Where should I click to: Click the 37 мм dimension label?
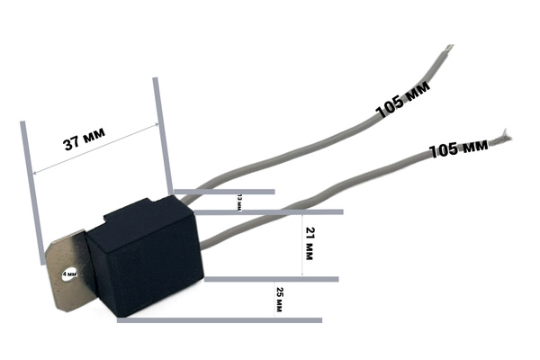(x=85, y=139)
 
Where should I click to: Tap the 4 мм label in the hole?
(x=69, y=274)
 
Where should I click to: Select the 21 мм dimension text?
(x=310, y=243)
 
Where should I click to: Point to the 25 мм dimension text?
(x=279, y=300)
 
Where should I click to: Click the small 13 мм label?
(x=239, y=202)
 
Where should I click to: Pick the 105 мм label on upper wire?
(x=403, y=99)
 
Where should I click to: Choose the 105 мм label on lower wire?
(x=459, y=148)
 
